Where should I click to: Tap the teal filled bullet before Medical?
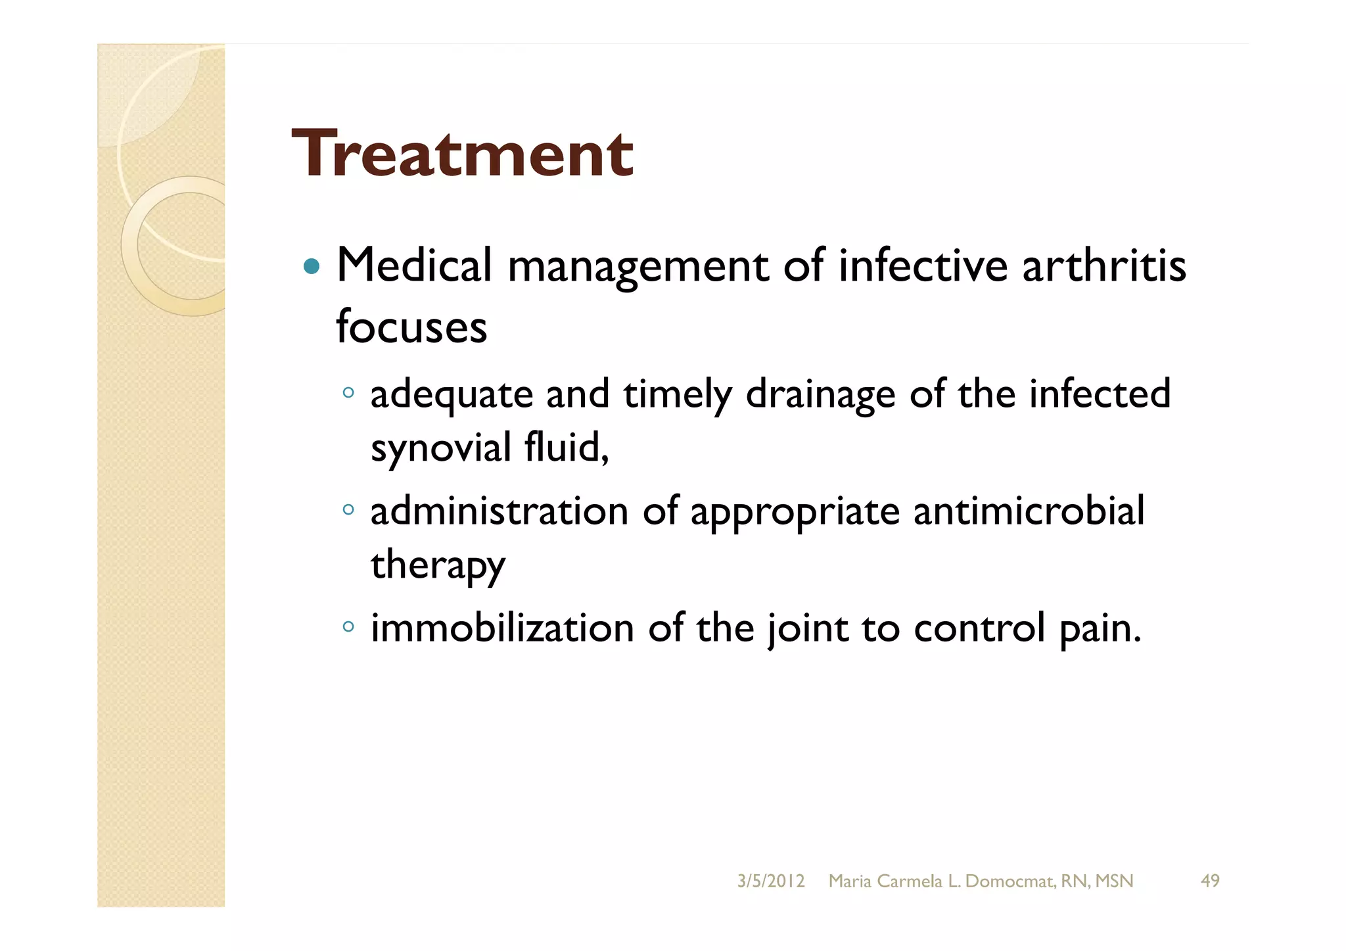click(312, 267)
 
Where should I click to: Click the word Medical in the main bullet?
click(414, 266)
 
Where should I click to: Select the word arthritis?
click(1103, 266)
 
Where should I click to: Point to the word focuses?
click(411, 327)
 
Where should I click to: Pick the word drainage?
click(820, 395)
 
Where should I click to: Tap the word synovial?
click(441, 448)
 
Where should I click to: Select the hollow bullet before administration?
click(348, 509)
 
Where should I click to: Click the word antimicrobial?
click(1029, 511)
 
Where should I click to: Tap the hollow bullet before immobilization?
click(348, 626)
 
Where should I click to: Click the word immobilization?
click(502, 628)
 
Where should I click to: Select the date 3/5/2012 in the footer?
click(770, 881)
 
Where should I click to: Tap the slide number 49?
click(1210, 881)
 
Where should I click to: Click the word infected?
click(1100, 394)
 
